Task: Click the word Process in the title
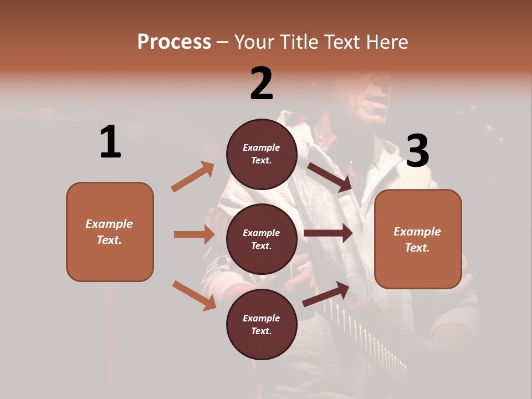click(x=174, y=42)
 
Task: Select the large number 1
click(x=110, y=142)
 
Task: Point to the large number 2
click(x=262, y=84)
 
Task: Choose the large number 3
click(x=417, y=151)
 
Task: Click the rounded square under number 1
click(x=110, y=232)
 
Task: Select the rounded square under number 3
click(x=418, y=239)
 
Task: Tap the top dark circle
click(x=262, y=154)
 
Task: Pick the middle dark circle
click(x=262, y=239)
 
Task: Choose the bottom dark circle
click(x=262, y=325)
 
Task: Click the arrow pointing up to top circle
click(x=193, y=177)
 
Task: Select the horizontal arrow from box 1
click(x=194, y=234)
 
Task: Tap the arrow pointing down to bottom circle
click(x=194, y=295)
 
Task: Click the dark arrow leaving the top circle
click(x=330, y=177)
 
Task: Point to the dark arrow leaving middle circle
click(x=328, y=233)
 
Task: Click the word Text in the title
click(x=341, y=42)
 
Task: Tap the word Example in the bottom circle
click(x=262, y=318)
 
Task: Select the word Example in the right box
click(x=417, y=232)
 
